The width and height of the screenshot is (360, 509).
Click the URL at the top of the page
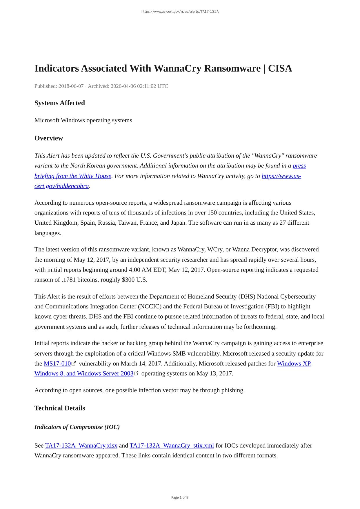(180, 12)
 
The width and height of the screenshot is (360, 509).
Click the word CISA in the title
(280, 68)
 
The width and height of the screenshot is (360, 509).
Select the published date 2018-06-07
(71, 86)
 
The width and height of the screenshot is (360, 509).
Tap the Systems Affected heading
(60, 103)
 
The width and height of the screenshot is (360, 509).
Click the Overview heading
(49, 138)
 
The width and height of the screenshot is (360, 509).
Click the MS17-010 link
(57, 363)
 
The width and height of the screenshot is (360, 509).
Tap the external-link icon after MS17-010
(74, 363)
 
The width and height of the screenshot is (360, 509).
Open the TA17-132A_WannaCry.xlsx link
(81, 446)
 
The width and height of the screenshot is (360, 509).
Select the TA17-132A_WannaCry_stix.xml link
(172, 446)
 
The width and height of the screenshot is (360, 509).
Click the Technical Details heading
(60, 408)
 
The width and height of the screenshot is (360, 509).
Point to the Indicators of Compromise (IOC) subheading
(77, 427)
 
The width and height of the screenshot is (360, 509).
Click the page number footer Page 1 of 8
(180, 497)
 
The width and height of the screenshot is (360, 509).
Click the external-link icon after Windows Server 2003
(136, 373)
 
